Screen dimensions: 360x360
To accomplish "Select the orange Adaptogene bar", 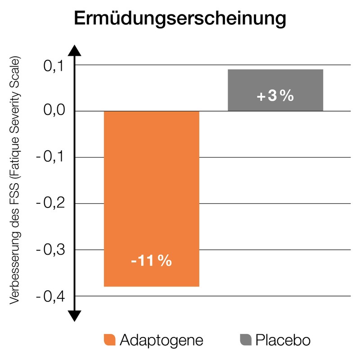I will tap(151, 189).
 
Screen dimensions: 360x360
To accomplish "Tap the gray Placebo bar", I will tap(275, 90).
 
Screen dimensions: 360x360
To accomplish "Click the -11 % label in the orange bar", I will tap(151, 261).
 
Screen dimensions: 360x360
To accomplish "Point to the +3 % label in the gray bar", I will tap(275, 96).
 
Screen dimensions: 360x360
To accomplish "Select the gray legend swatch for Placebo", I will tap(246, 340).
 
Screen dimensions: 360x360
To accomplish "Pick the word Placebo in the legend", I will tap(283, 340).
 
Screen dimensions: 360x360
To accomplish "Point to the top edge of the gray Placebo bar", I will tap(275, 70).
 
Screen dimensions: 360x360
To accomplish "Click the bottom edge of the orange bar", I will tap(151, 286).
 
